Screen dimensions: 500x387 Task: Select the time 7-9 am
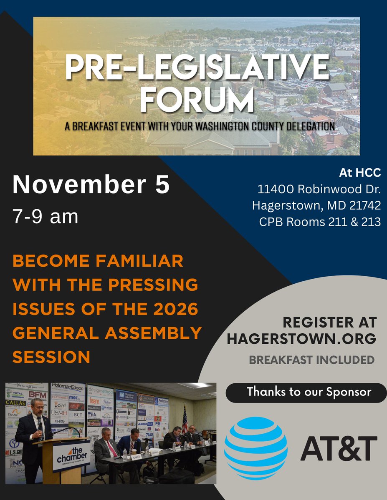(46, 217)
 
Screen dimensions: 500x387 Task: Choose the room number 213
(370, 222)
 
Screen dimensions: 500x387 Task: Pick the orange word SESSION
(52, 357)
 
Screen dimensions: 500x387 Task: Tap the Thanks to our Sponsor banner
(309, 392)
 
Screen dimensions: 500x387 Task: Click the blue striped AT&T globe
(255, 448)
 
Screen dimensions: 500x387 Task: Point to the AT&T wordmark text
(339, 448)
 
